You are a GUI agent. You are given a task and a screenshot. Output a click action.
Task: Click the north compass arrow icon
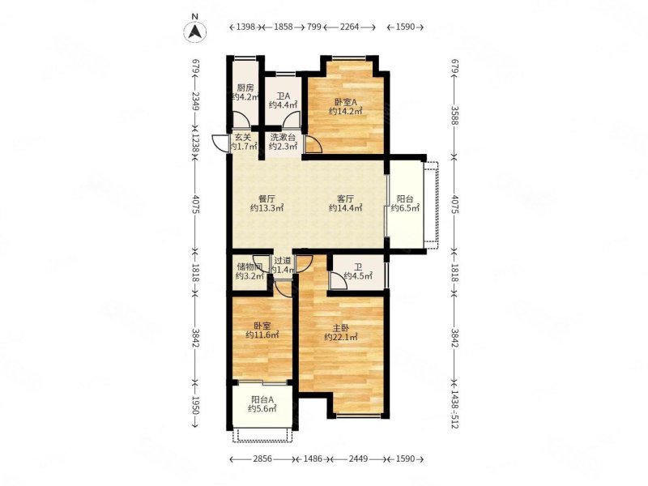[195, 32]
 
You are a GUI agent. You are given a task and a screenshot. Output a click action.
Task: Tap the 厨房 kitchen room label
[245, 87]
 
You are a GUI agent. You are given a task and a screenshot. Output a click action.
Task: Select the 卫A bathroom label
[283, 96]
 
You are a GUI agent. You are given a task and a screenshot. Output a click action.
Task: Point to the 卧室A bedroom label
[346, 102]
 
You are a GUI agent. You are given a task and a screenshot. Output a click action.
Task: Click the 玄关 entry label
[243, 137]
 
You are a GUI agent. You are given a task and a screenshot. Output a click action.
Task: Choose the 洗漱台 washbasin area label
[283, 137]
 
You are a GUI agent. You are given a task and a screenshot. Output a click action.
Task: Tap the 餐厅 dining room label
[267, 198]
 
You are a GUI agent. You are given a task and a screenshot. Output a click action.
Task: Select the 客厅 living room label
[345, 198]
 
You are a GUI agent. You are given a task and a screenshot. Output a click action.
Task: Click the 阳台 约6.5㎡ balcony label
[405, 203]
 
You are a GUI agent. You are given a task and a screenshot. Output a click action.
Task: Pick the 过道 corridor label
[283, 261]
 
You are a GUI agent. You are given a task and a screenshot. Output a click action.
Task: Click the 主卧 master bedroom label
[341, 328]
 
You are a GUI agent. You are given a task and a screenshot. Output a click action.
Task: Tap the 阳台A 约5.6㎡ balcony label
[262, 404]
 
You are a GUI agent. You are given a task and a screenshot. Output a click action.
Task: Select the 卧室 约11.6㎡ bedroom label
[262, 330]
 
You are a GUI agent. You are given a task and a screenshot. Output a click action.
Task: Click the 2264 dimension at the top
[350, 27]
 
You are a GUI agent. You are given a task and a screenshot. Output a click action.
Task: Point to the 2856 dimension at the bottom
[262, 458]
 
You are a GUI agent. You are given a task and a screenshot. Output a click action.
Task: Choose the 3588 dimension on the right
[455, 116]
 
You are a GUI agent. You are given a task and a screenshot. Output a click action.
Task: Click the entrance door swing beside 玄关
[217, 143]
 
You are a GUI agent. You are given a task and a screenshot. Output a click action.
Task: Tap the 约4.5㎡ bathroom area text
[358, 275]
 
